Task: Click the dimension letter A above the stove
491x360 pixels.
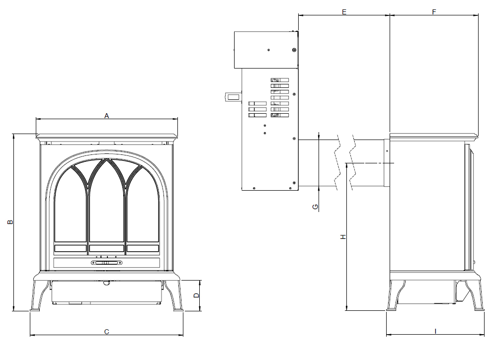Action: (x=106, y=116)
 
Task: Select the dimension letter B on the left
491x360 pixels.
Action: (x=10, y=222)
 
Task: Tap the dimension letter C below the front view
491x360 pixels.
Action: (x=106, y=331)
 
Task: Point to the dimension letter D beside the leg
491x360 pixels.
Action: (x=196, y=295)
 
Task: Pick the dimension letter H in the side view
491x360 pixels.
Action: (x=342, y=237)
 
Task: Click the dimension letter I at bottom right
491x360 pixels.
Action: (x=435, y=331)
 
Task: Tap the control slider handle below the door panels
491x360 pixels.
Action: (x=106, y=263)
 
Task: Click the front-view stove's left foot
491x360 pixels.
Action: (x=36, y=309)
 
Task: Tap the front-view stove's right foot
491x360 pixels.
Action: (x=177, y=309)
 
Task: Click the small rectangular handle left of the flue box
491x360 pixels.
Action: (x=232, y=97)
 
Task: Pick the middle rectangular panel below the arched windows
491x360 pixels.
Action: (x=106, y=248)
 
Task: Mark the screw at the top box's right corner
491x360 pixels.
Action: (x=294, y=50)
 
